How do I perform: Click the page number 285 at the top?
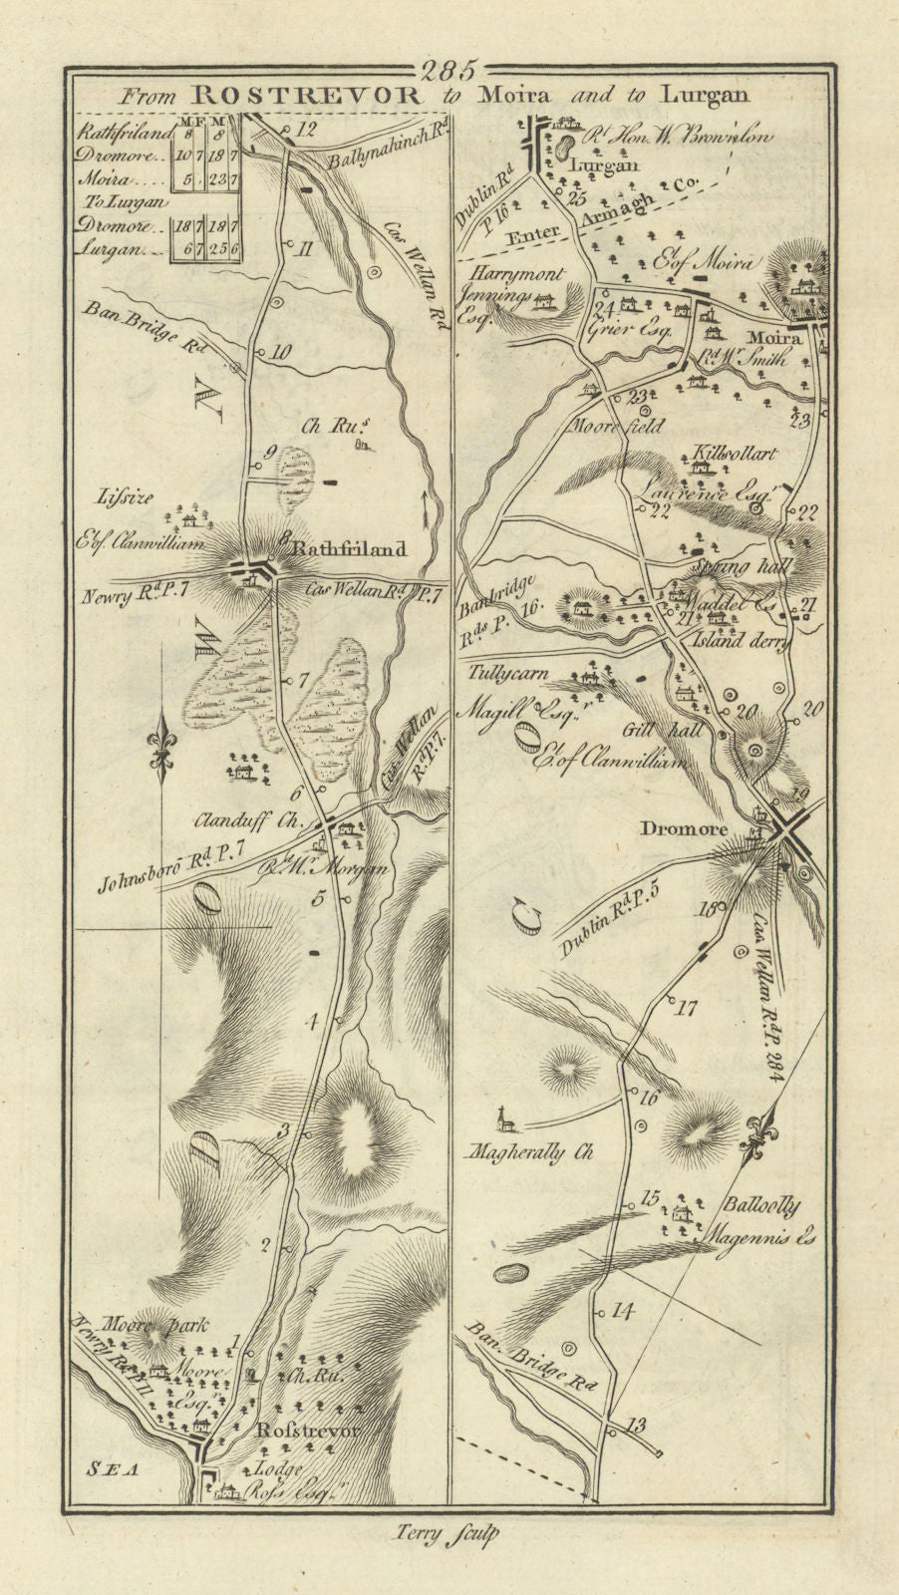[x=449, y=71]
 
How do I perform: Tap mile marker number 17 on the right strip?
[x=685, y=1006]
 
